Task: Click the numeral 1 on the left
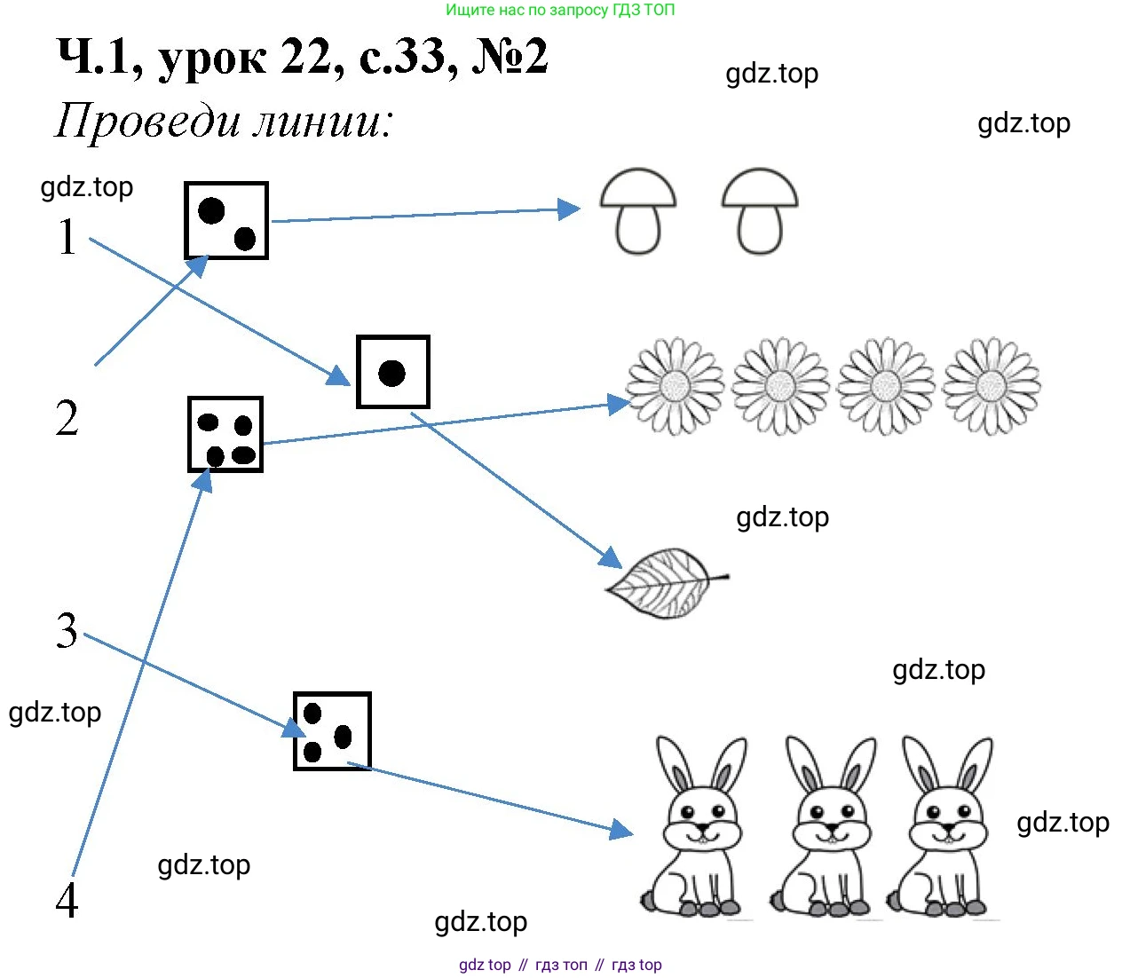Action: [67, 236]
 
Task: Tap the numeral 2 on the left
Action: [67, 418]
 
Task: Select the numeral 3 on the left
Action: [67, 631]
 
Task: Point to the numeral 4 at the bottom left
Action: [67, 900]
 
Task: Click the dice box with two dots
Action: [226, 221]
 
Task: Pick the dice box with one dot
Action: [392, 372]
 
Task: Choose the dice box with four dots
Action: [225, 435]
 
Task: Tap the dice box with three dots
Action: [332, 731]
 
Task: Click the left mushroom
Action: [638, 210]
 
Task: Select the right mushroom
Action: [760, 210]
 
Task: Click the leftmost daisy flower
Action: [675, 386]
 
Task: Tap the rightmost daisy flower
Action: [991, 386]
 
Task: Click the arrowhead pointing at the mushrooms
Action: [568, 209]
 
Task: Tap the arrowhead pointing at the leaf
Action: [611, 558]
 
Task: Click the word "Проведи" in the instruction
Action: [147, 121]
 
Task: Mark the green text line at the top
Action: [560, 11]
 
